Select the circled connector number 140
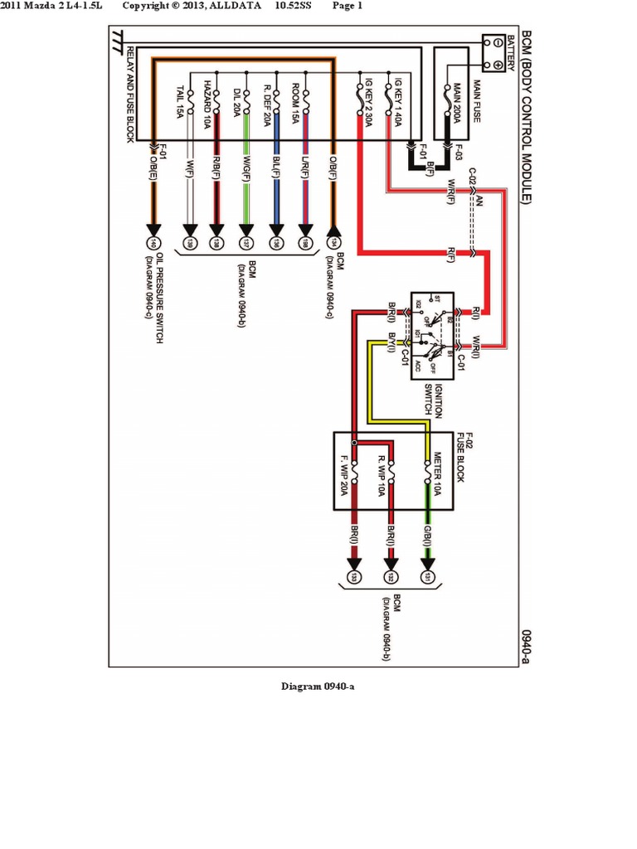click(x=153, y=244)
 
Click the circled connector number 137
click(x=246, y=244)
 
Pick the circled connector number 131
click(x=428, y=576)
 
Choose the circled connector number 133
click(x=354, y=576)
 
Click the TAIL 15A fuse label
click(x=181, y=102)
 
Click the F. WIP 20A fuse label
click(x=343, y=474)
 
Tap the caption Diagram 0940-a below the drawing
click(x=318, y=686)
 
